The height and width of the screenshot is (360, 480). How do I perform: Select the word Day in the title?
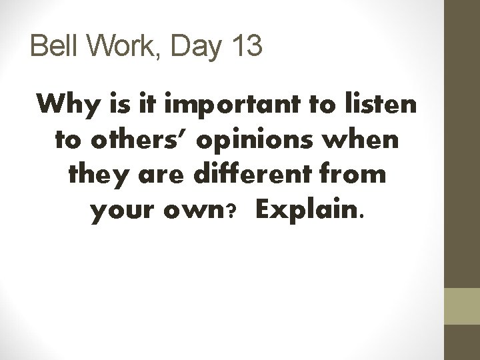[187, 48]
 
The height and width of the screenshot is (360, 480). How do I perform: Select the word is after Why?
[122, 105]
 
